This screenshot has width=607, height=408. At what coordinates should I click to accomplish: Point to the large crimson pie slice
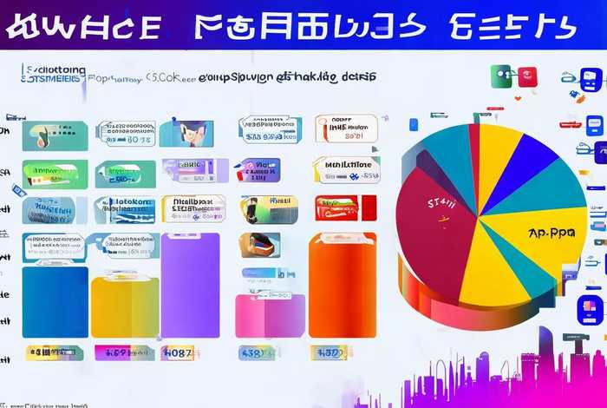[x=434, y=243]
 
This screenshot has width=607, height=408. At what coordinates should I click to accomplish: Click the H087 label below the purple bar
[x=177, y=353]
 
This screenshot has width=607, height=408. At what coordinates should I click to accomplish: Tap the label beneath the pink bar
[x=258, y=353]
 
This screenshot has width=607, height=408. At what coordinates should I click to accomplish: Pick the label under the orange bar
[x=330, y=352]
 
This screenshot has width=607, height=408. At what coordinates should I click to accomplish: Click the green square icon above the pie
[x=501, y=76]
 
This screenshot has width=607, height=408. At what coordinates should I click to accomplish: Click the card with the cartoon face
[x=186, y=133]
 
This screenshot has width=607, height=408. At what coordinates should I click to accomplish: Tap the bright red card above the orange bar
[x=344, y=207]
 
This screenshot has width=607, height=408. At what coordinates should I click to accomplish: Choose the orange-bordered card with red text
[x=346, y=128]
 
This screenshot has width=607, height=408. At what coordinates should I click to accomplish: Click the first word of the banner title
[x=82, y=26]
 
